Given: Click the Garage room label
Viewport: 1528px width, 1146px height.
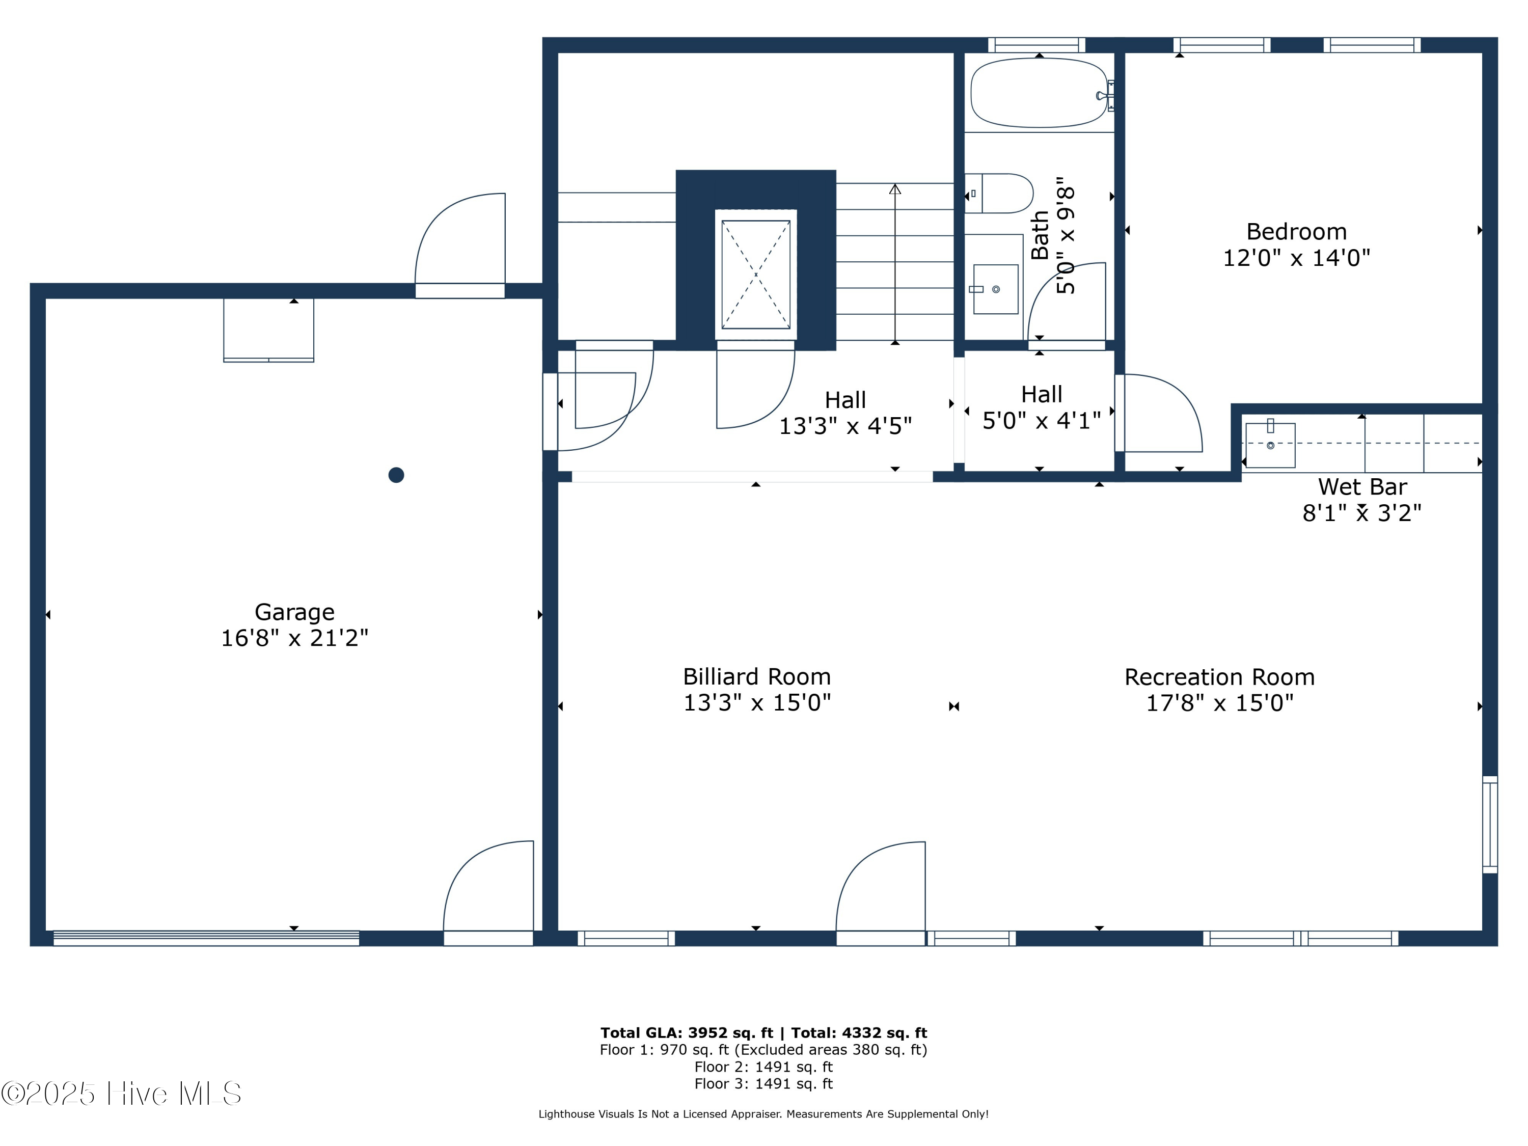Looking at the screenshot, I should tap(294, 612).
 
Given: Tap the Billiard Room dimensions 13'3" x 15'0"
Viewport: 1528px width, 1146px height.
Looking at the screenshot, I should tap(756, 702).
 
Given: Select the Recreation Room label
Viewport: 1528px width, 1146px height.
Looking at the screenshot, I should tap(1219, 677).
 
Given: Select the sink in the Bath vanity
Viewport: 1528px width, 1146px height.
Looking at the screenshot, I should tap(995, 289).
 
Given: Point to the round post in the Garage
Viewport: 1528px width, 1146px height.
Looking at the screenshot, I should tap(396, 475).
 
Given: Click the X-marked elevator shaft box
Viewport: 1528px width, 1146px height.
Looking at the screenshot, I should tap(756, 274).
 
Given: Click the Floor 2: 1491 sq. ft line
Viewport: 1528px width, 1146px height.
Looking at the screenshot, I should tap(763, 1067).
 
